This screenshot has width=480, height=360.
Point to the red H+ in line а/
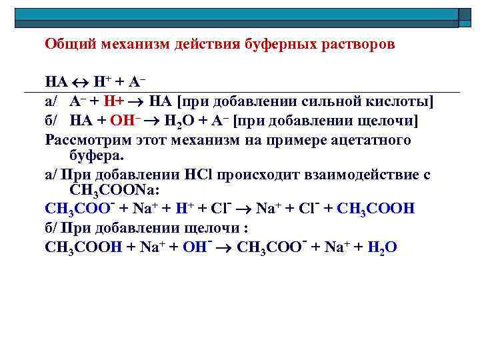point(122,102)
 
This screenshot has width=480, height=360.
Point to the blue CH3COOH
point(377,209)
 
